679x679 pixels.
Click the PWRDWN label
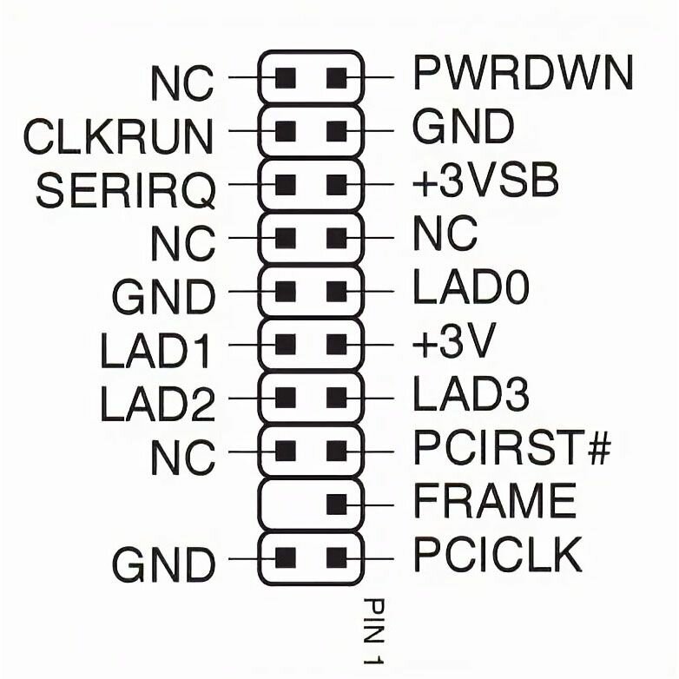point(522,76)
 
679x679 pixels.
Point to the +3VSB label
point(485,183)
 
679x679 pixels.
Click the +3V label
point(452,344)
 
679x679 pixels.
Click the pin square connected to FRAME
point(337,503)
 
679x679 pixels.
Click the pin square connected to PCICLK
point(337,557)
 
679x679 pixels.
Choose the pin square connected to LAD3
point(337,398)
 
